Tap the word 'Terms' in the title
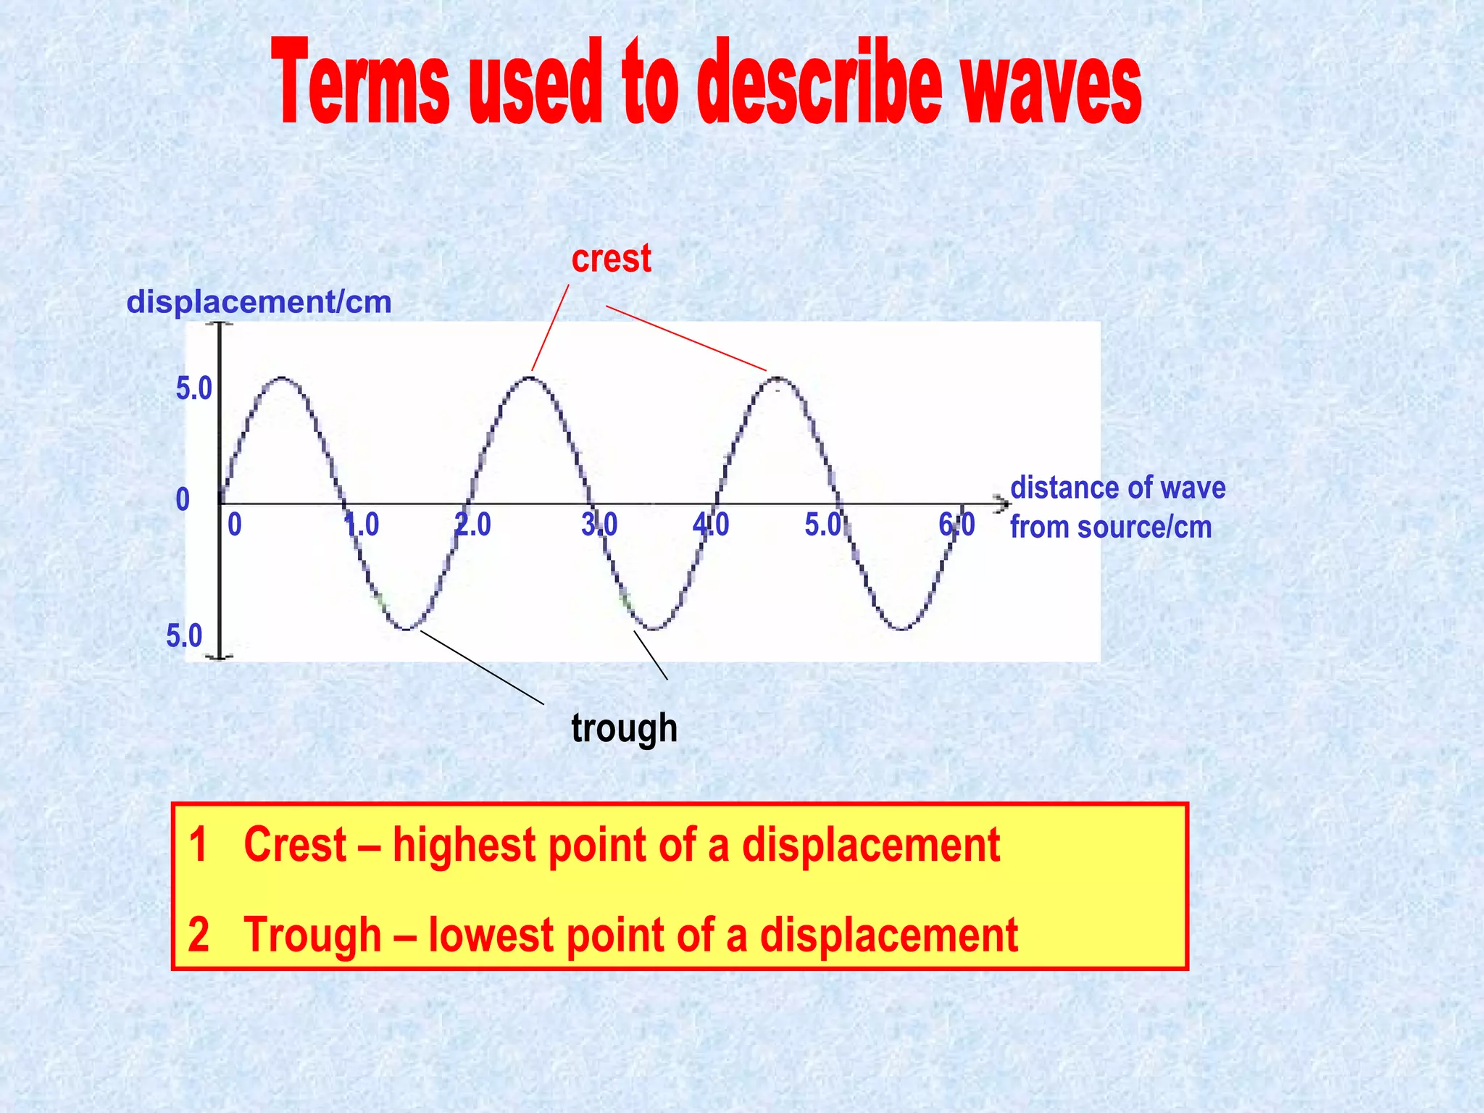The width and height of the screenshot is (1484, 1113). [361, 83]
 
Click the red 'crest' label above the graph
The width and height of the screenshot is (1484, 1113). [611, 259]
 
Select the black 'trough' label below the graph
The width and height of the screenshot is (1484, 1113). [624, 728]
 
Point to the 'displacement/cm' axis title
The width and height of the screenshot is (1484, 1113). [259, 302]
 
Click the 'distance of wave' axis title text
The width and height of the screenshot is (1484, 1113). [1117, 488]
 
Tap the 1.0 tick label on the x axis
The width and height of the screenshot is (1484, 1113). [362, 525]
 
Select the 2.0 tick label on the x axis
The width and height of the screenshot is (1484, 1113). [473, 525]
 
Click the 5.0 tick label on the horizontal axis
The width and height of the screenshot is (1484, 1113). [823, 525]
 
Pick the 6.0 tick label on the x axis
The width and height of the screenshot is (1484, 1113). [956, 525]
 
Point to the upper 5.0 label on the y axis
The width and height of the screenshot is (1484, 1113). [194, 389]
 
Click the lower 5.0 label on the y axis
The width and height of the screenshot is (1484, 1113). [185, 636]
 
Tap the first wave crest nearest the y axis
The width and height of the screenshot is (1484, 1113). [283, 378]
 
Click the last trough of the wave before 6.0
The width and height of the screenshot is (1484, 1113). [902, 628]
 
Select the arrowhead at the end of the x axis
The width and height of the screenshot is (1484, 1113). [1002, 503]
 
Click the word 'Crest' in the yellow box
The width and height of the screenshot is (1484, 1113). [295, 845]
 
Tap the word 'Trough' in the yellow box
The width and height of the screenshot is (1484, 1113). [312, 935]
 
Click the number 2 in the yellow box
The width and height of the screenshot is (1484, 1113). [199, 935]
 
